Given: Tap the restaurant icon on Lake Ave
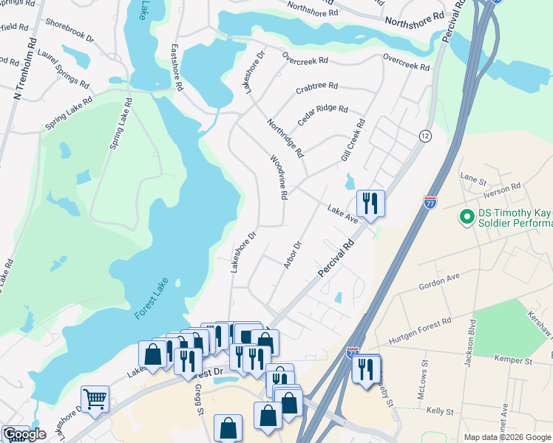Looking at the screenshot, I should tap(370, 204).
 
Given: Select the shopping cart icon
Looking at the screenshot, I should tap(95, 399).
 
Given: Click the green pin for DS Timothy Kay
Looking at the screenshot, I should tap(467, 218).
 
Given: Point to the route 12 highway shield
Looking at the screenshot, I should tap(424, 136).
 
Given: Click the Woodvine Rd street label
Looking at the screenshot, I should tap(277, 177).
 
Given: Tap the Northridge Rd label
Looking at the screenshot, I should tap(285, 138).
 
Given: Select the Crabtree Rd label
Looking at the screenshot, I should tap(316, 88).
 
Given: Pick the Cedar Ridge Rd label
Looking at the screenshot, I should tap(322, 114).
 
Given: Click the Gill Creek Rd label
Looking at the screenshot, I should tap(353, 140).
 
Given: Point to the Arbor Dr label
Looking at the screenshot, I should tap(294, 255).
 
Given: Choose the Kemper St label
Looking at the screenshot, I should tap(516, 361).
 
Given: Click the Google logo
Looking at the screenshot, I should tap(24, 434).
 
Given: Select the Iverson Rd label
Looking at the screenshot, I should tap(503, 188).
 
